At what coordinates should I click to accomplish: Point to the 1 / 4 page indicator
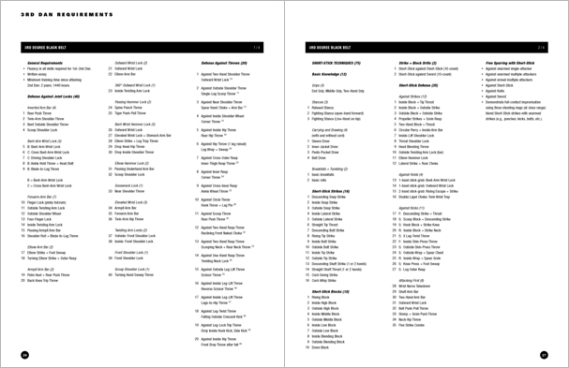[x=255, y=46]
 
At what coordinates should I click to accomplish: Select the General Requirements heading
[x=46, y=61]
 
